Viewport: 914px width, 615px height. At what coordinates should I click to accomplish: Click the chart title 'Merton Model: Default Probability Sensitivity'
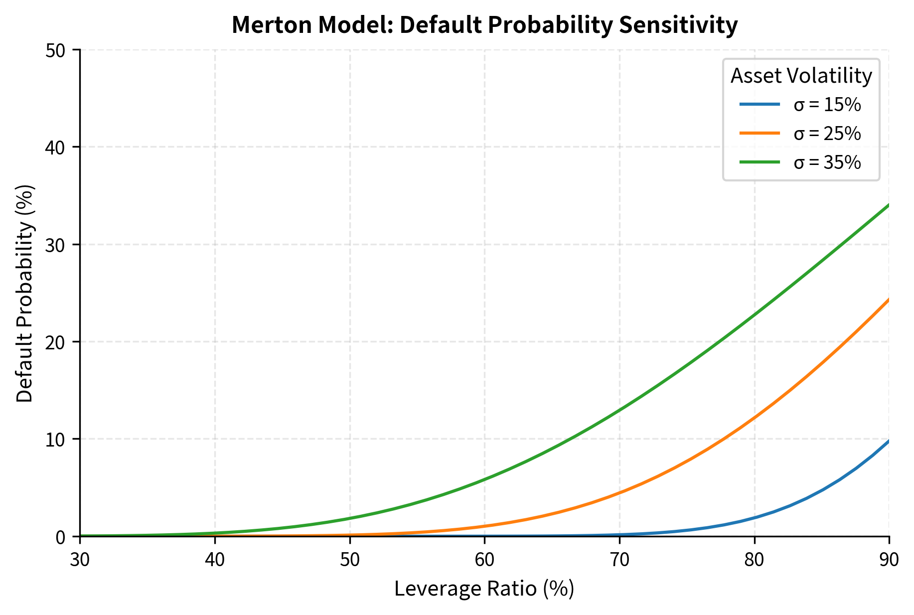[484, 25]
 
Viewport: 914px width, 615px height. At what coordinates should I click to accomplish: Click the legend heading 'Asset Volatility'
[801, 76]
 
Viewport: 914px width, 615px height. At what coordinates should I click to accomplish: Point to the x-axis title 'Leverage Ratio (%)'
[484, 589]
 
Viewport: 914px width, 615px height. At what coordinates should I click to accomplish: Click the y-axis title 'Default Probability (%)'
[25, 293]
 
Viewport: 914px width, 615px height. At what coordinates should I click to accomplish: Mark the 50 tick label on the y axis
[55, 50]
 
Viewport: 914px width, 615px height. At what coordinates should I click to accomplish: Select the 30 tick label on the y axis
[55, 245]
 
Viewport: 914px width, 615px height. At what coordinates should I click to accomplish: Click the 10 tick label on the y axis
[55, 439]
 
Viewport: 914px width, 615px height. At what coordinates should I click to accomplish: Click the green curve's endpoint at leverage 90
[889, 205]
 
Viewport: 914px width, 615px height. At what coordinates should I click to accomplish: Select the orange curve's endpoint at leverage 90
[889, 300]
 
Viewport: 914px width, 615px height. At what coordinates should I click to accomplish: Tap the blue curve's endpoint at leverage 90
[889, 441]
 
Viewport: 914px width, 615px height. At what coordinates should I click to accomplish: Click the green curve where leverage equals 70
[619, 410]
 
